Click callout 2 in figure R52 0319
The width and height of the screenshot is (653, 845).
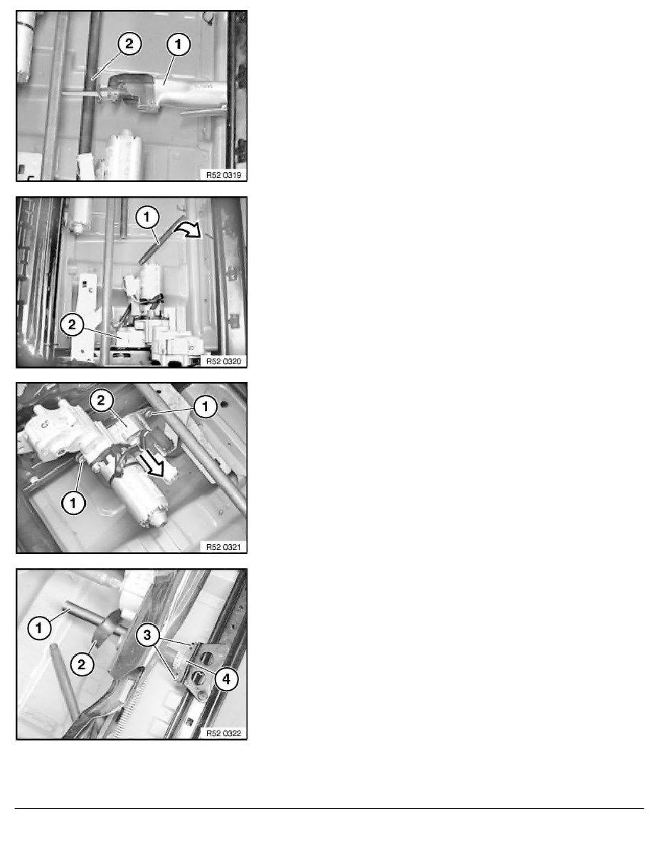(x=129, y=43)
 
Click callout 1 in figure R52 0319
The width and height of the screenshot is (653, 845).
(x=179, y=43)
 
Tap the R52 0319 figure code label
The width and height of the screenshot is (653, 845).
(x=223, y=174)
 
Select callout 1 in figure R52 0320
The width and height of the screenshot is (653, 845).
(x=147, y=218)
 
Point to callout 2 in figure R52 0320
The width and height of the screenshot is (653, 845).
(x=72, y=325)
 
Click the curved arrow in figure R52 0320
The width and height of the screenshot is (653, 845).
(x=187, y=230)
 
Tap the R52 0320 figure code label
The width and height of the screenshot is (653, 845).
(x=223, y=361)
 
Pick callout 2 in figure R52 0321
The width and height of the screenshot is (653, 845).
(x=101, y=400)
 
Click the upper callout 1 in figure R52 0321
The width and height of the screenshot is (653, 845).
(x=205, y=406)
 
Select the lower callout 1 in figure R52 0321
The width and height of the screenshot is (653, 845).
(x=73, y=504)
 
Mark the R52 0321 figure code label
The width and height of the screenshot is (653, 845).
(x=223, y=547)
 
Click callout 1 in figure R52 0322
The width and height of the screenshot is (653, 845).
(x=39, y=628)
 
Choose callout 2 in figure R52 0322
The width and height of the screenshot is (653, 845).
(x=81, y=664)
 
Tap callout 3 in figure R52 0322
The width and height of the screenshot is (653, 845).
(x=148, y=635)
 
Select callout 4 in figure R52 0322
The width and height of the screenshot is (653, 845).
(x=226, y=679)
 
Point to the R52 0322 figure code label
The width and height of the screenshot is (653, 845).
(x=223, y=733)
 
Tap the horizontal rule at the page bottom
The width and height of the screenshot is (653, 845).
(x=329, y=808)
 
